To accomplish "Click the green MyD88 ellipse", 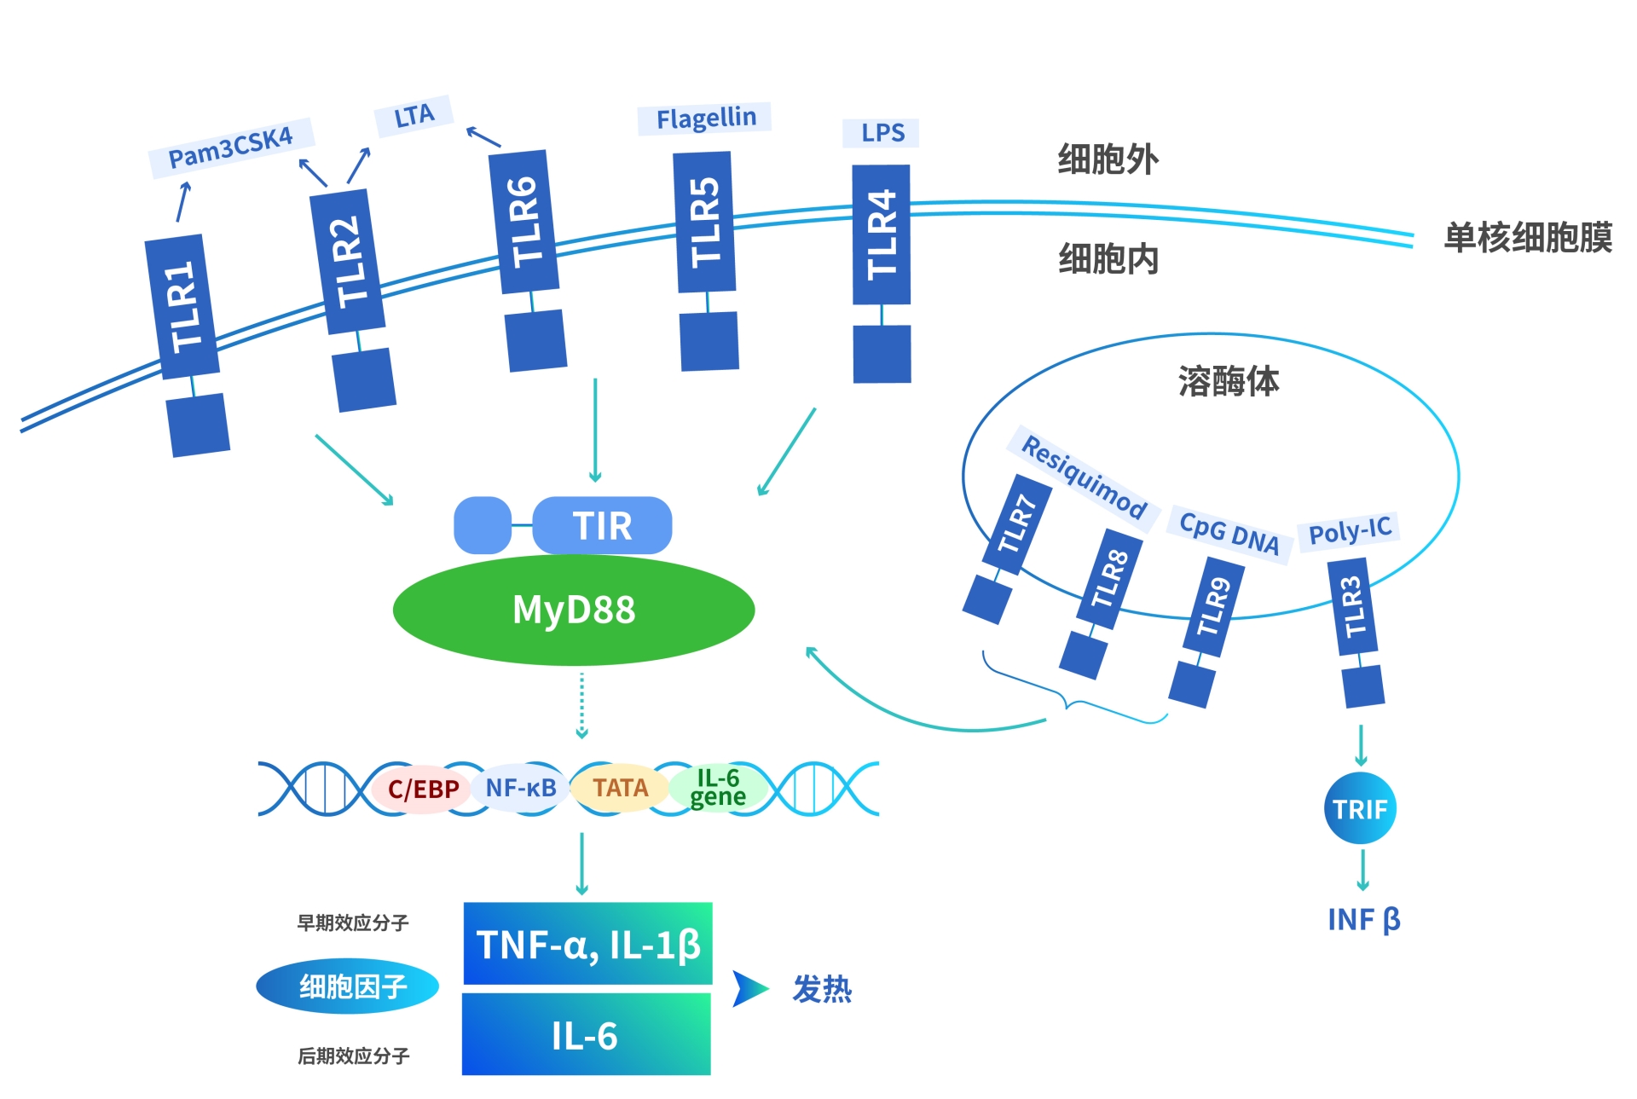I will (x=573, y=610).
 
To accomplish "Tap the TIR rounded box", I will (x=602, y=525).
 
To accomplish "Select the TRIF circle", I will (x=1360, y=808).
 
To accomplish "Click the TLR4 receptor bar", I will (x=882, y=234).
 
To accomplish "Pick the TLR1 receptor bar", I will (x=182, y=306).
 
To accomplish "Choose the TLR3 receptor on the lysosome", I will (x=1353, y=606).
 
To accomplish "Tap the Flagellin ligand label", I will (x=705, y=118).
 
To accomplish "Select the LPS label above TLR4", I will (x=882, y=133).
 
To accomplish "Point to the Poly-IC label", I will (x=1350, y=530).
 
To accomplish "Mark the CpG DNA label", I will (x=1229, y=534).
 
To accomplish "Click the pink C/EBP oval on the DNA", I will (x=423, y=789).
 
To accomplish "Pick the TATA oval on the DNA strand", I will (x=620, y=788).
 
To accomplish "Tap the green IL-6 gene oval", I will (x=717, y=788).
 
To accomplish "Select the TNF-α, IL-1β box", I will (x=587, y=944).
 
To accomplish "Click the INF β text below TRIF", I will (x=1363, y=920).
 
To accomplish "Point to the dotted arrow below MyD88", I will (x=582, y=704).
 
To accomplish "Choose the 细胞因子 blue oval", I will (x=348, y=986).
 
